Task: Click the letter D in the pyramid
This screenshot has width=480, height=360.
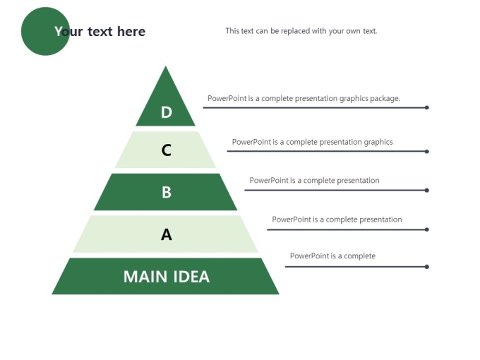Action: tap(167, 112)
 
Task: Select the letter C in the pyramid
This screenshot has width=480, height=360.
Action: tap(166, 150)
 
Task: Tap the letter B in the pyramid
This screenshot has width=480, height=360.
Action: tap(167, 193)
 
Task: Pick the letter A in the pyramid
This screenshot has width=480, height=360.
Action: tap(166, 235)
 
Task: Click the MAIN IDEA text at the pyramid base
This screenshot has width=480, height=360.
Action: tap(167, 277)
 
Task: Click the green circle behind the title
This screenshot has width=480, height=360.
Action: tap(45, 31)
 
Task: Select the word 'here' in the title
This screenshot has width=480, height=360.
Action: tap(131, 31)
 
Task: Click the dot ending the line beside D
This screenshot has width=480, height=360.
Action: tap(427, 107)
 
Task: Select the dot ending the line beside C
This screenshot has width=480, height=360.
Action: tap(427, 151)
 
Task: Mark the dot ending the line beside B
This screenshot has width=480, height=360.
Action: tap(427, 190)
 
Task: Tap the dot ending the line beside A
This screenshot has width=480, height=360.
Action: tap(427, 229)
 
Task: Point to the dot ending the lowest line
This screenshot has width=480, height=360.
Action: tap(427, 267)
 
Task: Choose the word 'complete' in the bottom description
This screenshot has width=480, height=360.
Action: tap(360, 256)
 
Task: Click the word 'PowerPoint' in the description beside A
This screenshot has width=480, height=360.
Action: tap(292, 220)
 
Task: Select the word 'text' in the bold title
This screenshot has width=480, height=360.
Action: tap(100, 31)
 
